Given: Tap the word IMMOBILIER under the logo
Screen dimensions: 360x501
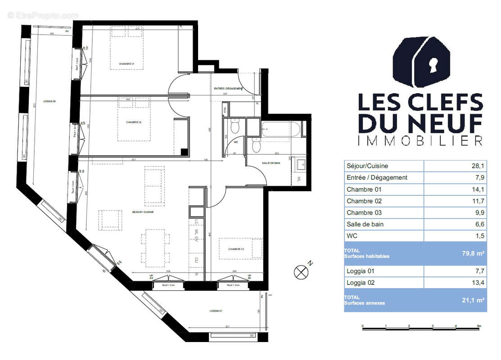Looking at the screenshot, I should coord(420,140).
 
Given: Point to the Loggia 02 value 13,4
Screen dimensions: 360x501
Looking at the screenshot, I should coord(478,283).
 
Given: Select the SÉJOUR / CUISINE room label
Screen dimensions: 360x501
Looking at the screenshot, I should coord(143,212).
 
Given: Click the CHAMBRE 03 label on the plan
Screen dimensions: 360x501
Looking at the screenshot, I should coord(236,249).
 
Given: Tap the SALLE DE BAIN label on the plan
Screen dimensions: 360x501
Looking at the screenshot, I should coord(271,163).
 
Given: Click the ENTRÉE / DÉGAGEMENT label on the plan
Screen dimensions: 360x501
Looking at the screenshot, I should coord(232,89).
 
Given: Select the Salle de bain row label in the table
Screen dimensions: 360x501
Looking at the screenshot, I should coord(365,224).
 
